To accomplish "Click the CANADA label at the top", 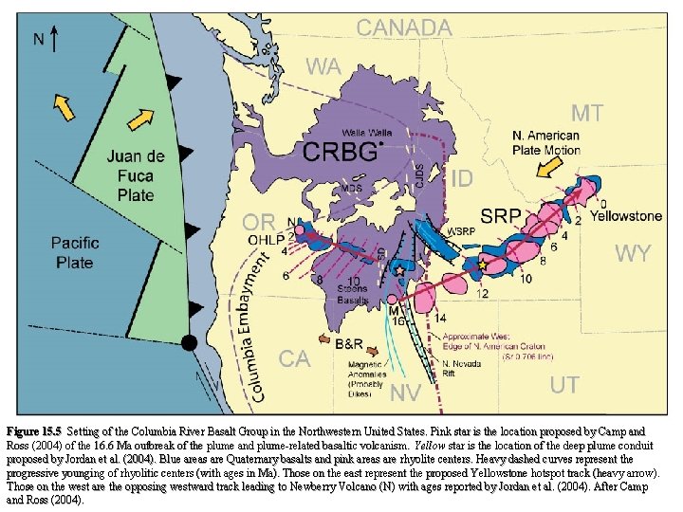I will pyautogui.click(x=403, y=28).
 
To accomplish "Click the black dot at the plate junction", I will pyautogui.click(x=191, y=341).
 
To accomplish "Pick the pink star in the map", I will pyautogui.click(x=398, y=272).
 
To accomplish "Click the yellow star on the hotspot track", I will pyautogui.click(x=482, y=265).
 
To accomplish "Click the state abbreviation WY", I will pyautogui.click(x=633, y=253).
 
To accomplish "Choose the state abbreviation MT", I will pyautogui.click(x=586, y=114).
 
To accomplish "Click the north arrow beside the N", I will pyautogui.click(x=56, y=40).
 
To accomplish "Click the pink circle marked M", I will pyautogui.click(x=393, y=302).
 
